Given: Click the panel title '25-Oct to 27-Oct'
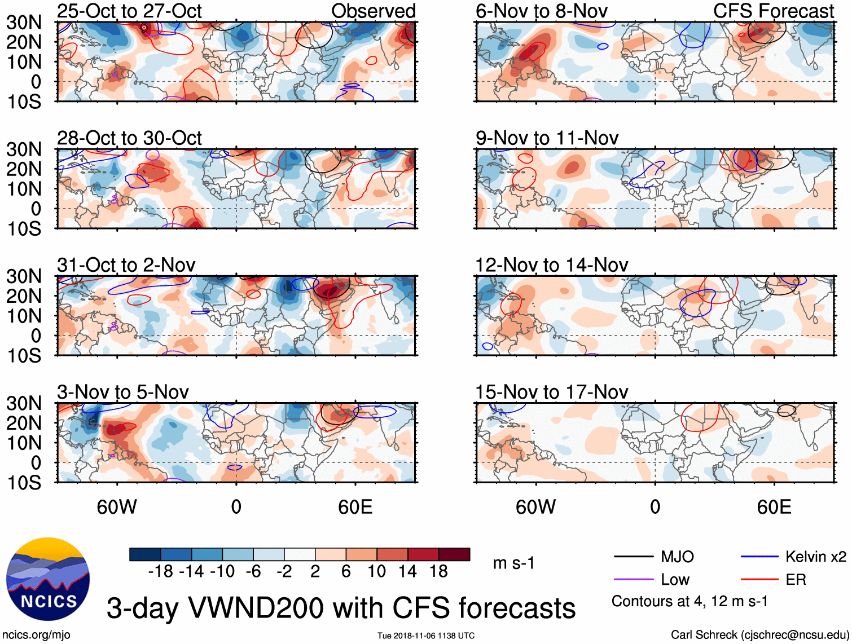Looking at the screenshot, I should tap(129, 11).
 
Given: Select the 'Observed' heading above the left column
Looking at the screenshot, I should tap(374, 11).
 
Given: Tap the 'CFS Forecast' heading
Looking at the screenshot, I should tap(774, 11).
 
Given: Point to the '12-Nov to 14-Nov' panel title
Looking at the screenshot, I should tap(551, 265).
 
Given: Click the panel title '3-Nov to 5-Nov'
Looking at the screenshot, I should tap(123, 392).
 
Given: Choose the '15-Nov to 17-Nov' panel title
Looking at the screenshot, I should tap(551, 392).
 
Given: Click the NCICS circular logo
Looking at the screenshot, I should tap(48, 579).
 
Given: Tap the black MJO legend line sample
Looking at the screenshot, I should tap(634, 557).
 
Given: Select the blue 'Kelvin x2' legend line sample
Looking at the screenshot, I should tap(759, 557).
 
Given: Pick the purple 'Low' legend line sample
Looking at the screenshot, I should tap(634, 580).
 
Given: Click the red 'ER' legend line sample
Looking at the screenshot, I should tap(759, 580).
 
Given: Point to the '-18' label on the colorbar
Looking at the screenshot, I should tap(160, 572).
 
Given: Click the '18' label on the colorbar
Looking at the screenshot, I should tap(438, 572).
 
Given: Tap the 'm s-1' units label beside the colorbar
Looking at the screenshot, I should tap(513, 563).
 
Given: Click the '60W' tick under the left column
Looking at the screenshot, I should tap(117, 507).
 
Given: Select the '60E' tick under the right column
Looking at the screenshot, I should tap(774, 507).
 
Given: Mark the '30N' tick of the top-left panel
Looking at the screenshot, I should tap(24, 23).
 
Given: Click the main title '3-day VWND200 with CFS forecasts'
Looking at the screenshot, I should tap(341, 608).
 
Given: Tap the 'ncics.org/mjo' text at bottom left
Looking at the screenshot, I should tap(36, 635).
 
